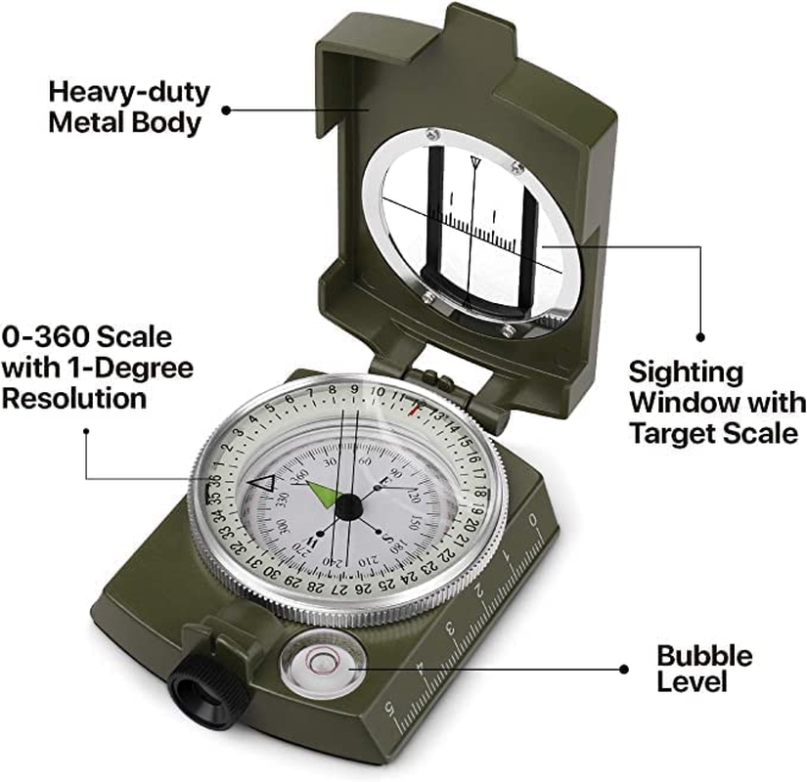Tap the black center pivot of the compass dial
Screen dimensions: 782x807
(x=349, y=504)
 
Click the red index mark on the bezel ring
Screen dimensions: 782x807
(x=417, y=410)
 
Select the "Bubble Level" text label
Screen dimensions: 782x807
(x=704, y=668)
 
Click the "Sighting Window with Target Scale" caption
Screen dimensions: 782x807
(x=716, y=402)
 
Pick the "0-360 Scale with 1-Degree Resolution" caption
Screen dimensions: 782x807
(x=98, y=369)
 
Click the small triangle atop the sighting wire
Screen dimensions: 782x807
(x=475, y=162)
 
